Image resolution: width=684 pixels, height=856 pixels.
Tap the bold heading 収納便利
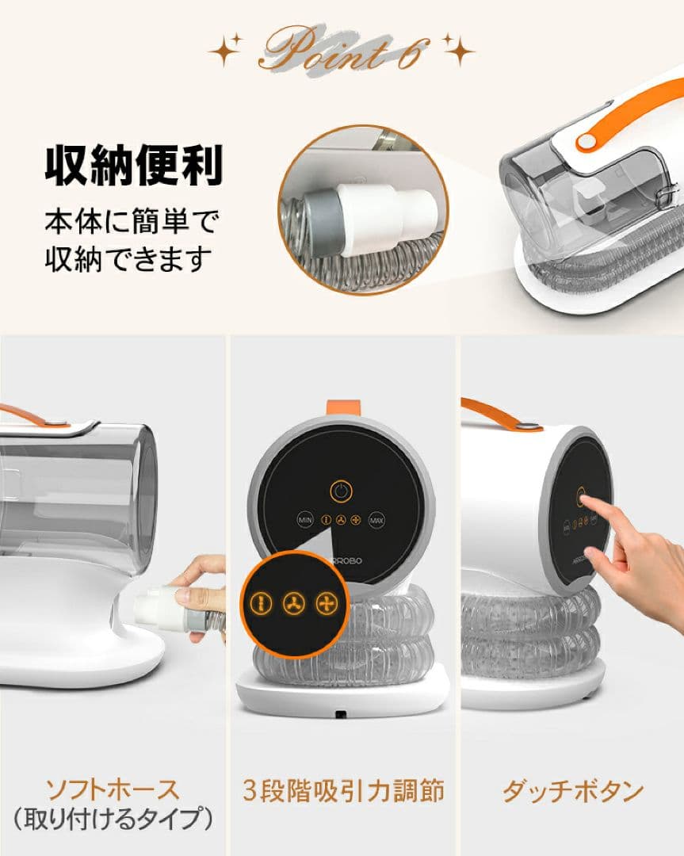click(x=133, y=165)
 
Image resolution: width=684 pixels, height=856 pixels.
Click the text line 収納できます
click(x=128, y=258)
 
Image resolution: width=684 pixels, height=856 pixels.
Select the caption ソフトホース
click(x=113, y=789)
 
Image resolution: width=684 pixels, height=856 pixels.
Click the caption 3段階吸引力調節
click(x=342, y=789)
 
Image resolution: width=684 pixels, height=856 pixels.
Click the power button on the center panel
click(x=341, y=491)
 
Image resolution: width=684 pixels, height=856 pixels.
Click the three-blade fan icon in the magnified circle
click(x=292, y=603)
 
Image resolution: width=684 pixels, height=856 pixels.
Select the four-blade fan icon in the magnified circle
click(x=326, y=603)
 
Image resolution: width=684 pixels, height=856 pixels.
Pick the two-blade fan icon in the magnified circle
click(x=260, y=603)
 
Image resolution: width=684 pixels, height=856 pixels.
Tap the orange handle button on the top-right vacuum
click(x=587, y=141)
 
